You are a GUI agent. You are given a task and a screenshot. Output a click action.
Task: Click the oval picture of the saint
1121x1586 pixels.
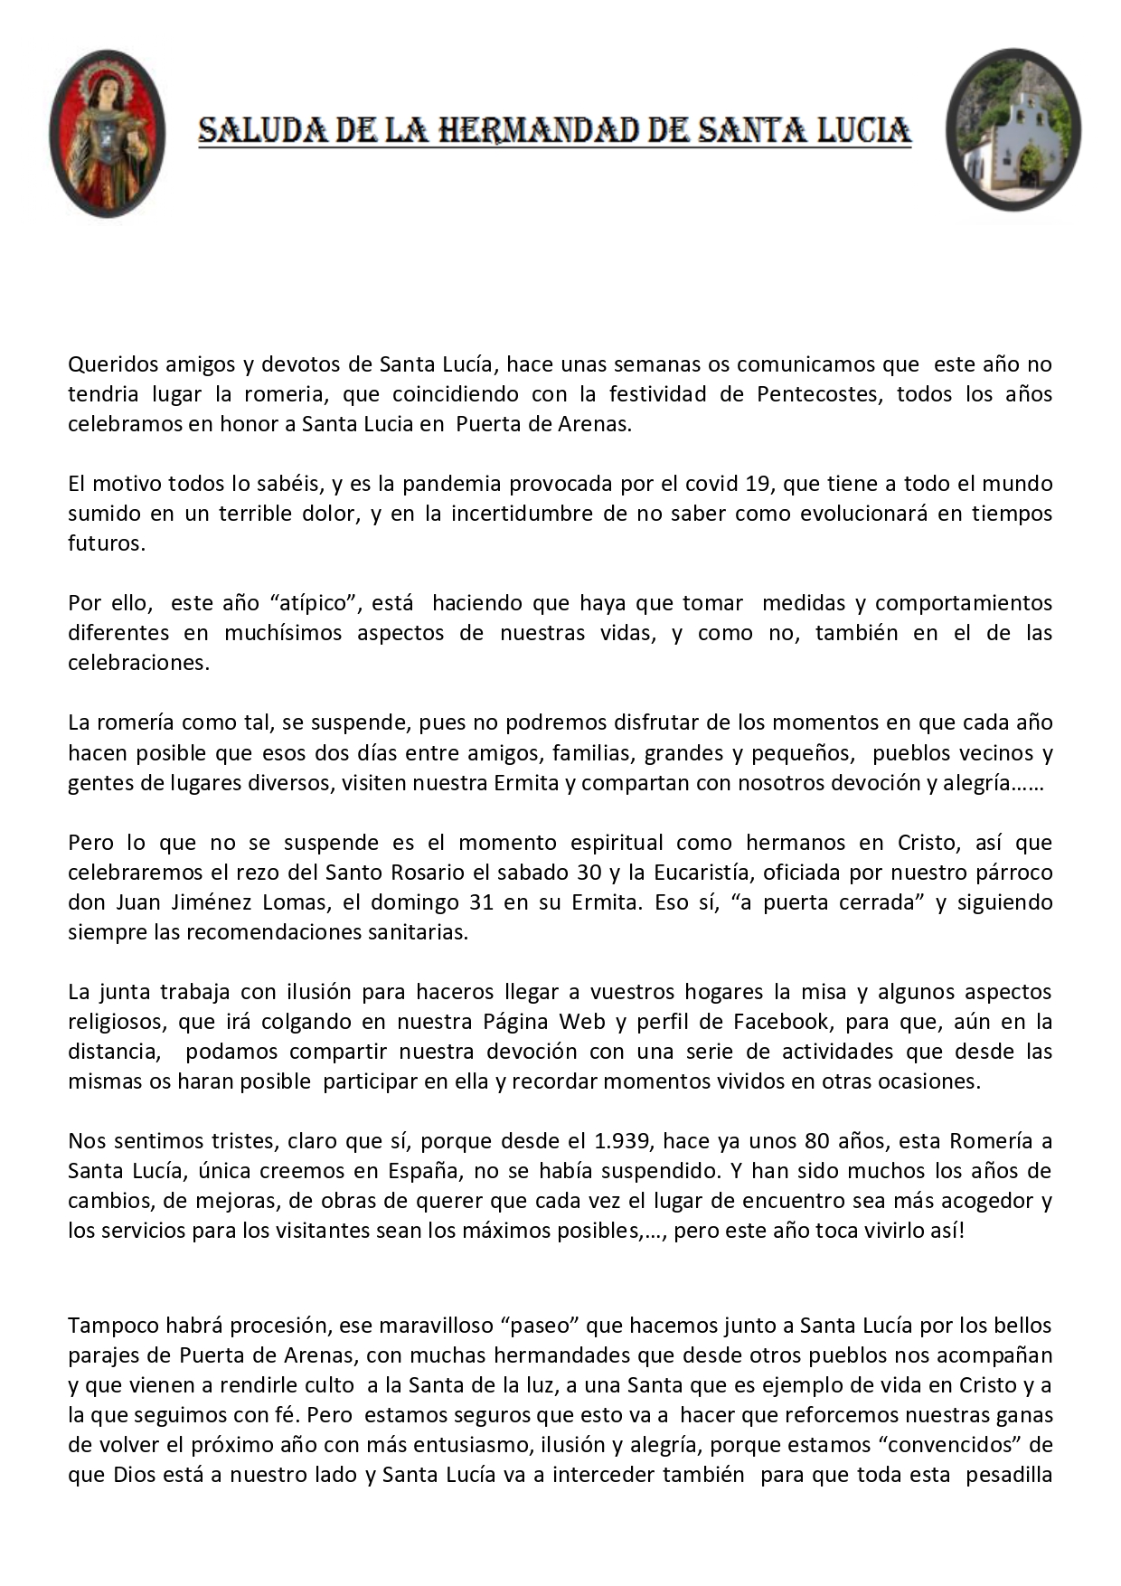coord(108,133)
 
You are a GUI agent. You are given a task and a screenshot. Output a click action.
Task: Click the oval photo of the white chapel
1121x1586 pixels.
coord(1013,130)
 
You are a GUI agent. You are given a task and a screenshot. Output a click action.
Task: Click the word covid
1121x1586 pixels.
coord(707,484)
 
